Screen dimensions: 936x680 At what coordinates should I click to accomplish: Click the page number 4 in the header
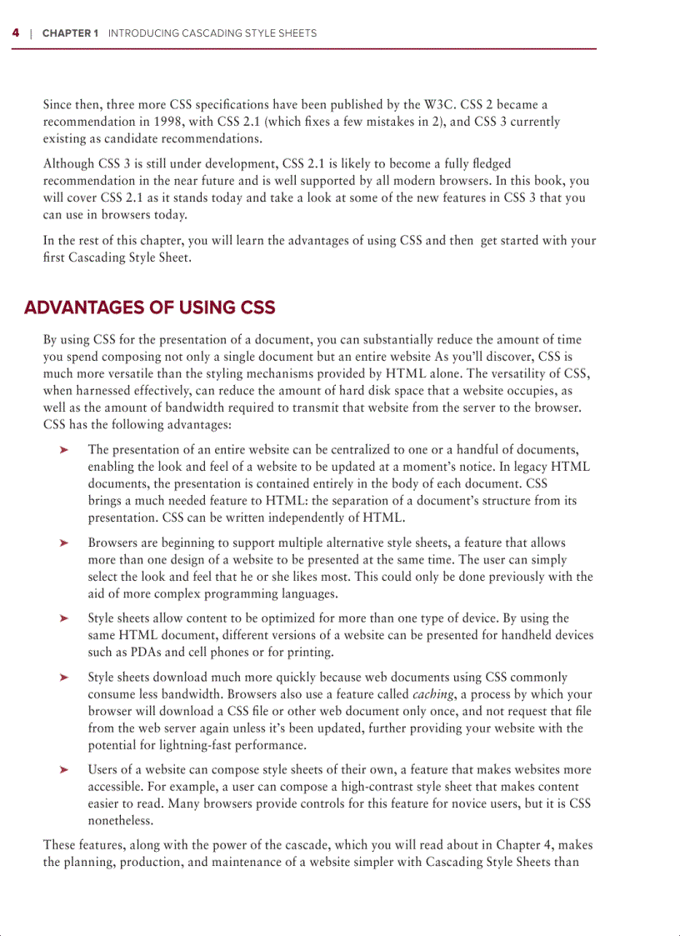click(x=15, y=33)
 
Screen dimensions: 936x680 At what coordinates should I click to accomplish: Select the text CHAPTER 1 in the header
click(x=70, y=33)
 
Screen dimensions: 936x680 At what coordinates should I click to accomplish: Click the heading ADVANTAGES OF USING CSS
click(x=150, y=308)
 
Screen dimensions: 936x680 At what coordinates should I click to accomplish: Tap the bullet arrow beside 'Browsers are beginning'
click(x=62, y=543)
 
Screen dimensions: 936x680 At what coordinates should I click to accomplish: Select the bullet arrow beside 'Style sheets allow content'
click(x=62, y=618)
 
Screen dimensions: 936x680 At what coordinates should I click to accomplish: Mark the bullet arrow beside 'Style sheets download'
click(x=62, y=678)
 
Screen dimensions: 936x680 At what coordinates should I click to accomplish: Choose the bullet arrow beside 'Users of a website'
click(x=62, y=770)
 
